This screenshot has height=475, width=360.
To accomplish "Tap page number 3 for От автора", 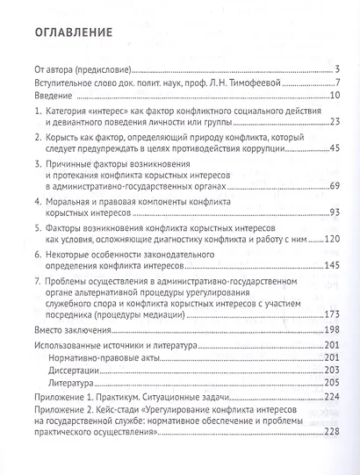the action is [337, 70].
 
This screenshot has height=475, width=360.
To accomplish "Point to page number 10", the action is [335, 96].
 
